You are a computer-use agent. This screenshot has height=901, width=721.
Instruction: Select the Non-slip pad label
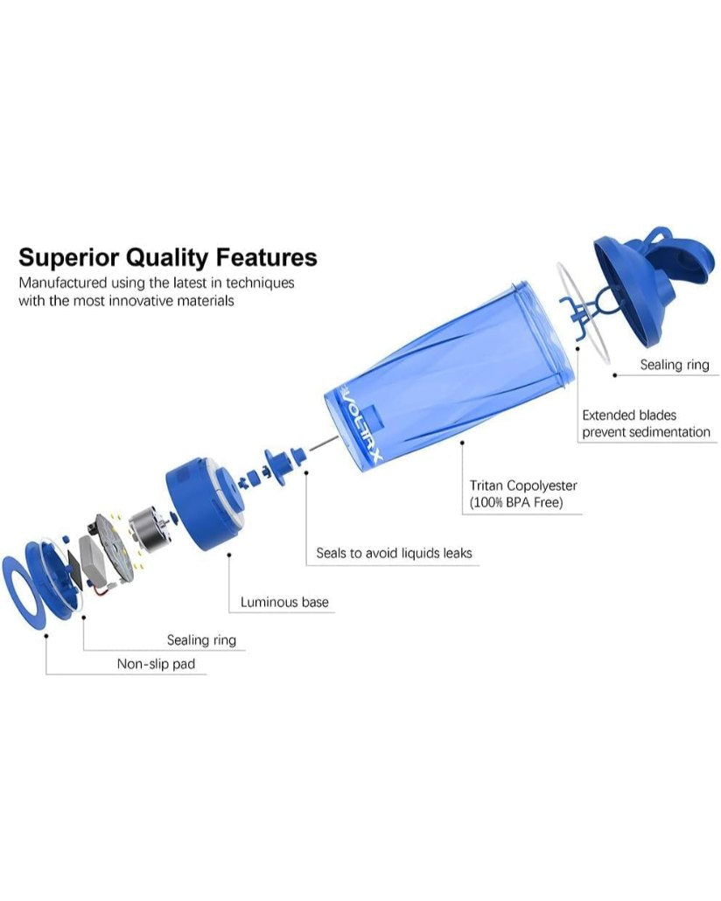pyautogui.click(x=156, y=664)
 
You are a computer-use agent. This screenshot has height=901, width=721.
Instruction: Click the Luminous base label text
pyautogui.click(x=284, y=602)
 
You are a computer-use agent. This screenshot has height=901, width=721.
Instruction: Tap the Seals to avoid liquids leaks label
pyautogui.click(x=394, y=553)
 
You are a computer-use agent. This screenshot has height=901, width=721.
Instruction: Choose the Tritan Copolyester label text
pyautogui.click(x=523, y=485)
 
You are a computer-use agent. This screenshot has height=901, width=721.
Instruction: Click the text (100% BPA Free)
pyautogui.click(x=516, y=502)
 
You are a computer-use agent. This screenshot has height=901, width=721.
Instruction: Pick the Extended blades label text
pyautogui.click(x=629, y=415)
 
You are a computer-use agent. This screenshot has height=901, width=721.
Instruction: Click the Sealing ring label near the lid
pyautogui.click(x=674, y=365)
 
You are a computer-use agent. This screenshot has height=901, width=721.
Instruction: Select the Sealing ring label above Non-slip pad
pyautogui.click(x=201, y=640)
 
